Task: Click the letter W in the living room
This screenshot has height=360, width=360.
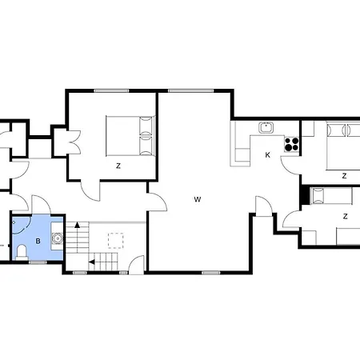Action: tap(196, 200)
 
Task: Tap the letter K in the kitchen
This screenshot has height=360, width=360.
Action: tap(268, 154)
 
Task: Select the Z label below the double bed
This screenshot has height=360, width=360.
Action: tap(118, 166)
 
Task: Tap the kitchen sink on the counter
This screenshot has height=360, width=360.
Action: tap(266, 127)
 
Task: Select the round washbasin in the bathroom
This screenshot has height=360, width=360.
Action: tap(56, 238)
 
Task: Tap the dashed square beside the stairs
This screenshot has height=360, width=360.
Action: tap(117, 240)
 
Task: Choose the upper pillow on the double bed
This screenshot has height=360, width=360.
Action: tap(145, 125)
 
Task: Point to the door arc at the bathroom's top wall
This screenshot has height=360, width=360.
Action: tap(37, 205)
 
